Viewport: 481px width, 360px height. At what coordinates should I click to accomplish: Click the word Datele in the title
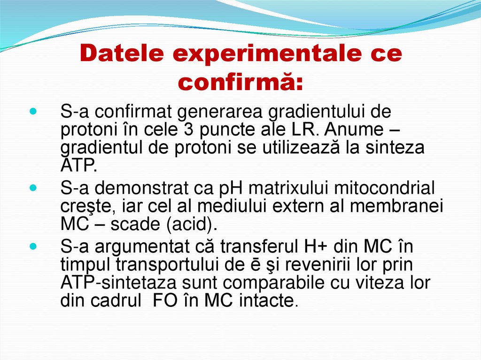pos(123,54)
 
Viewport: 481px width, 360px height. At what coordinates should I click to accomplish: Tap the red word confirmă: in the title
pos(241,82)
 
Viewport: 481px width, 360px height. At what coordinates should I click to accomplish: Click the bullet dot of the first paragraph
pos(32,113)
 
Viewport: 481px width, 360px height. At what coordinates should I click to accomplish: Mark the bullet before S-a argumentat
pos(32,246)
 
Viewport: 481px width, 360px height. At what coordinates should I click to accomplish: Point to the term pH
pos(230,189)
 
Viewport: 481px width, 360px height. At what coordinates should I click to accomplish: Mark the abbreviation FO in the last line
pos(165,300)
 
